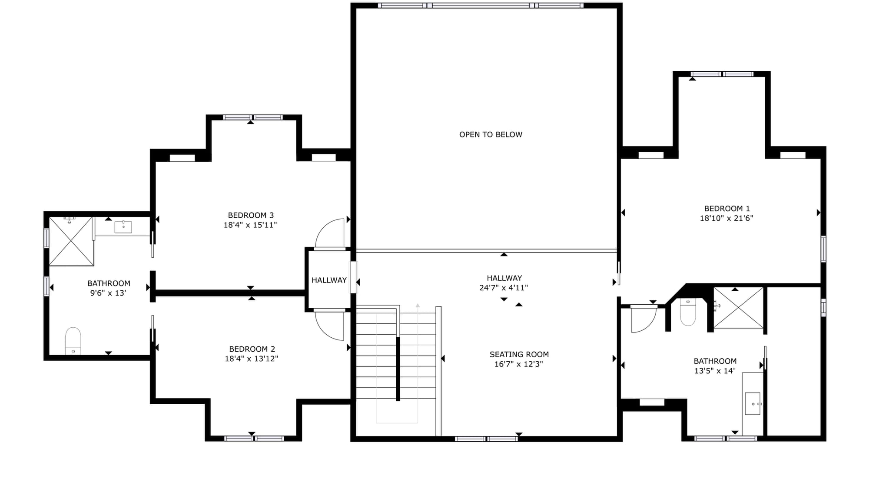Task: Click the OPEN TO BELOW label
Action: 491,135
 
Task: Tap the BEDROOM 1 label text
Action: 727,209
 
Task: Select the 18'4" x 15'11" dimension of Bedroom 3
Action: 250,225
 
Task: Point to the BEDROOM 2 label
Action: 252,349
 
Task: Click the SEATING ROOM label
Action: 519,355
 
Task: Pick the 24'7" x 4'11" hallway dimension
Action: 504,288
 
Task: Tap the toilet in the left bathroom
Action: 73,341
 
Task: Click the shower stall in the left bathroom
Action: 71,241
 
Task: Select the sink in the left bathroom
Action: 123,227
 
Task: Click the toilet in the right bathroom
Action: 688,312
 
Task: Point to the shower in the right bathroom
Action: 739,308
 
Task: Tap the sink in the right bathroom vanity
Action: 753,404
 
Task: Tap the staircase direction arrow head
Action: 418,306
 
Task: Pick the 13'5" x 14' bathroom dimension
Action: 715,371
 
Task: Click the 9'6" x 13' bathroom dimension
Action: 108,293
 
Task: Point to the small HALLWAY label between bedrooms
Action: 329,280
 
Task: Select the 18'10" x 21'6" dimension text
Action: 726,218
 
